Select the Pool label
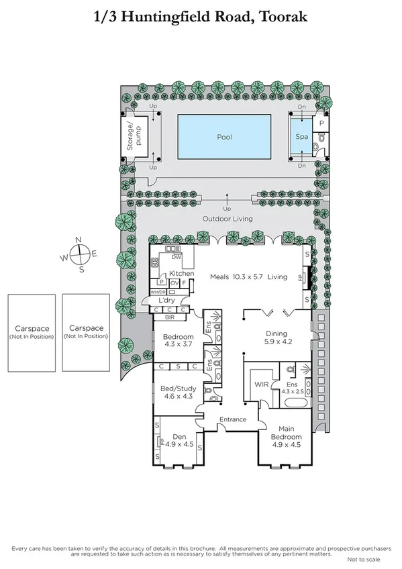[223, 136]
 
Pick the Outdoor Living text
[227, 219]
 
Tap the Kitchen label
[181, 273]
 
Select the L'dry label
[177, 301]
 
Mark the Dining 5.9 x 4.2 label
[276, 338]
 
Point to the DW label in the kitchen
[177, 257]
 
